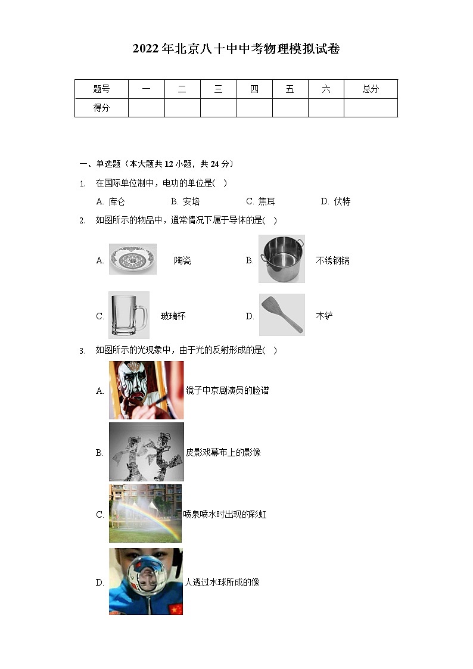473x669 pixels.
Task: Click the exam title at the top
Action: click(236, 49)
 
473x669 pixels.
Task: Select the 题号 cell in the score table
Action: click(101, 89)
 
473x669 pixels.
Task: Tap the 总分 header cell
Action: click(370, 89)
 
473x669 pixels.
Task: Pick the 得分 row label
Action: click(101, 108)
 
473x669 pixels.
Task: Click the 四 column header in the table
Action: click(254, 89)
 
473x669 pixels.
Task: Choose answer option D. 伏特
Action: click(335, 201)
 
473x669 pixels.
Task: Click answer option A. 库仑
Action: click(111, 201)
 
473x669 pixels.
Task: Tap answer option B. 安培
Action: click(185, 201)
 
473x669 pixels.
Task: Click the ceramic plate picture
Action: click(132, 259)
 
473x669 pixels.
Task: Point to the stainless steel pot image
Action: click(282, 259)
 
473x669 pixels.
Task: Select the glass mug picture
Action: click(129, 315)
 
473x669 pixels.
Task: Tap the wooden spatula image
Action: click(282, 315)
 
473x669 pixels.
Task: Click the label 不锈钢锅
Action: click(332, 260)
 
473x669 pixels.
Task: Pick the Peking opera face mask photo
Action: click(146, 390)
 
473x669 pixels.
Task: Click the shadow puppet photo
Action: click(146, 452)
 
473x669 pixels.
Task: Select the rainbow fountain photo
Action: click(145, 514)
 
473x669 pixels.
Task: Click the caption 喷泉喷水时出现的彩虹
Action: click(225, 514)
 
